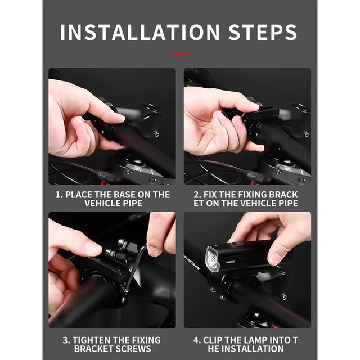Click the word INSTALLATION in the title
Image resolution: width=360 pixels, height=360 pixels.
coord(140,32)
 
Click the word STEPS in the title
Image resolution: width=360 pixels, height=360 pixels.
coord(263,32)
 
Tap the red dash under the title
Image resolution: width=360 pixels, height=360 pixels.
coord(179,54)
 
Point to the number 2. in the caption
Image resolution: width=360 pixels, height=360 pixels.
coord(197,195)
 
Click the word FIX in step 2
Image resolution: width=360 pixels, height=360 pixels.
coord(210,195)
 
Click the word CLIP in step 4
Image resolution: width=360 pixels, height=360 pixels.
coord(213,340)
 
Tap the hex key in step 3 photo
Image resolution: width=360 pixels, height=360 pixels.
coord(136,268)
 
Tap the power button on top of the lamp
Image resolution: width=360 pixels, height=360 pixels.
coord(237,244)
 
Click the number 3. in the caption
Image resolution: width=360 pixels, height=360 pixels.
coord(66,340)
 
